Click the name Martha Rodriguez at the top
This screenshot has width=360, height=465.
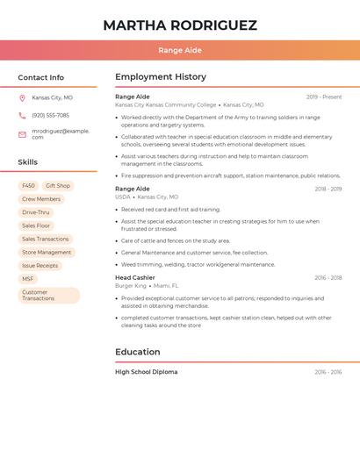(180, 25)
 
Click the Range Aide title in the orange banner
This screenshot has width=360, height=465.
(180, 50)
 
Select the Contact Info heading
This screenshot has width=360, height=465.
(41, 77)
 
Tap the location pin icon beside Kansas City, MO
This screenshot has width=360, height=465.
(22, 98)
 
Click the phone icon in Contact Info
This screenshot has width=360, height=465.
(22, 115)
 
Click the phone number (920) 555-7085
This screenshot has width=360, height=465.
(50, 115)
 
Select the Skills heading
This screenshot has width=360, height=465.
(28, 162)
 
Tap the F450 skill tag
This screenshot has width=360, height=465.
(28, 186)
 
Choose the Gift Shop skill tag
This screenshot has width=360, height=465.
(58, 186)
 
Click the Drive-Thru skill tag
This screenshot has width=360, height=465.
(36, 212)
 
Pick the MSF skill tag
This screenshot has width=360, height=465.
(28, 279)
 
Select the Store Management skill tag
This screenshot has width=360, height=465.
(47, 252)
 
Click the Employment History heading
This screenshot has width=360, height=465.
(161, 77)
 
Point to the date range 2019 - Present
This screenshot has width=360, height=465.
(324, 97)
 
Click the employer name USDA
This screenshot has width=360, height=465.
(123, 197)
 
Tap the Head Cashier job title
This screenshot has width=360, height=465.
(135, 277)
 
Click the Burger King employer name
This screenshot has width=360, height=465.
(131, 286)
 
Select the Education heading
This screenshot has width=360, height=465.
(138, 352)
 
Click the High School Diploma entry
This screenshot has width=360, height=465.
(147, 372)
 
